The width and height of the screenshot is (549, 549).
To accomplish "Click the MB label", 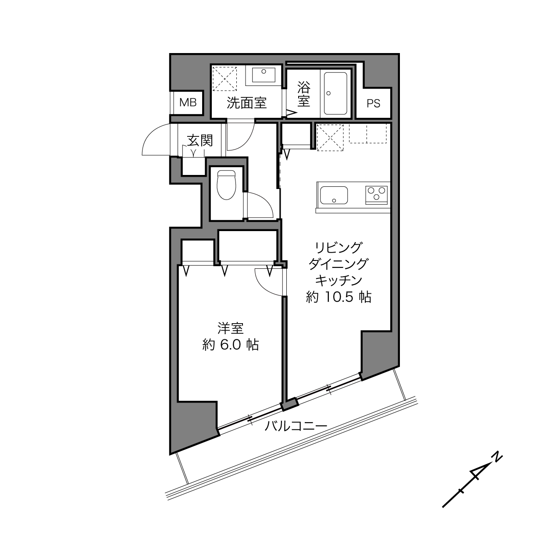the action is coord(188,102).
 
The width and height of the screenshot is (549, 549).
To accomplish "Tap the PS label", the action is coord(373,103).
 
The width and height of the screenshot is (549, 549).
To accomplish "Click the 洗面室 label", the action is coord(246,103).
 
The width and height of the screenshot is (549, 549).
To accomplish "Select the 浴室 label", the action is coord(304,94).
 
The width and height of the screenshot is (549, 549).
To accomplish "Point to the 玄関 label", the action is coord(200,140).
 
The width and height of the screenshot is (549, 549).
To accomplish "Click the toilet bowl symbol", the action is coord(227,185).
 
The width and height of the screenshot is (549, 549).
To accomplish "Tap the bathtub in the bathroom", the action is coord(335,93).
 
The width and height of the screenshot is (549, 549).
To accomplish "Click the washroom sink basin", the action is coord(264,75).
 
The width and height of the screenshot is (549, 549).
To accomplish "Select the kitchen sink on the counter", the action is coord(334,196).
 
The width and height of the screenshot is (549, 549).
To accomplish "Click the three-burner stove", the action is coord(376,195).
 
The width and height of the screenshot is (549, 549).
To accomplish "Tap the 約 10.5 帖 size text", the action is coord(339,297).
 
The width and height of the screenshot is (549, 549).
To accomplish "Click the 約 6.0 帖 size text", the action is coord(231,345).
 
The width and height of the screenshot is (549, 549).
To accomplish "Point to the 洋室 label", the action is coord(231,328).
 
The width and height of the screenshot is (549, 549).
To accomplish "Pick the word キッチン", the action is coord(339,281).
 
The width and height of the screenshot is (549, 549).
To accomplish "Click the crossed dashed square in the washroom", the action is coord(225,78).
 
